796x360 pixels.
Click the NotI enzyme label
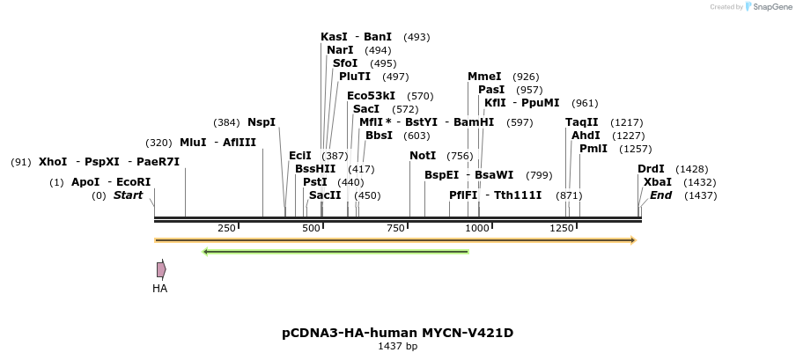click(423, 156)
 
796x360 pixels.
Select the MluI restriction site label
click(193, 143)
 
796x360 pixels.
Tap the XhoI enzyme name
click(53, 162)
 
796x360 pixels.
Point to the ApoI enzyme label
click(85, 182)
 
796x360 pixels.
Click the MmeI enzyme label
click(484, 77)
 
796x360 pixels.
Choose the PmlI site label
click(593, 149)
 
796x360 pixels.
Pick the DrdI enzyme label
click(651, 169)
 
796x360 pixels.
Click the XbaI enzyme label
click(657, 182)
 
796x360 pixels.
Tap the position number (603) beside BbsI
click(416, 136)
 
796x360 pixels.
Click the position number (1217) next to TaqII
click(627, 122)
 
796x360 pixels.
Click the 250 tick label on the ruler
click(226, 228)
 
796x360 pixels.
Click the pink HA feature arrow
click(161, 269)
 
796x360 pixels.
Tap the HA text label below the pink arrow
click(159, 288)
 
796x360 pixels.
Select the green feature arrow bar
click(335, 252)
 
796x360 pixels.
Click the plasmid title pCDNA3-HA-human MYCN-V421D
click(397, 333)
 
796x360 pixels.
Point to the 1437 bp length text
click(397, 347)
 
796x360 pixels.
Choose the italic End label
click(660, 195)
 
